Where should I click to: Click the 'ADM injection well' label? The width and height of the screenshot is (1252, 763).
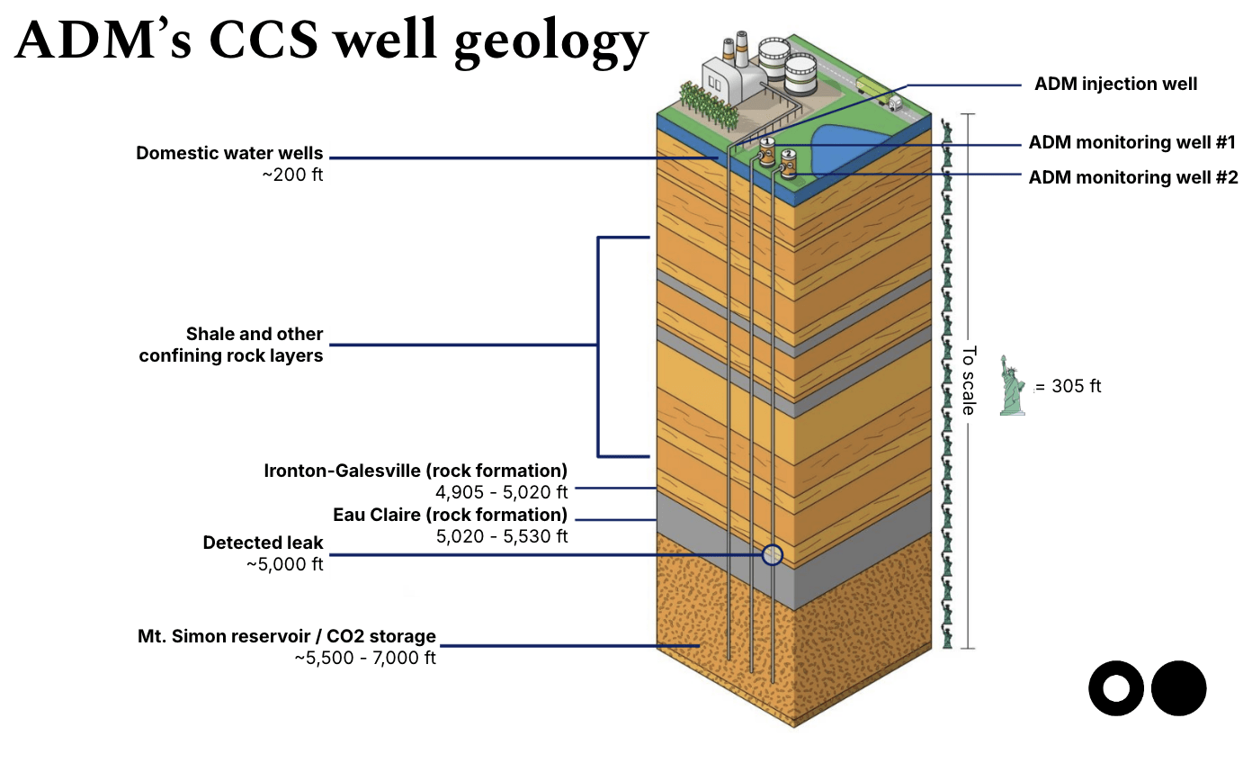tap(1115, 85)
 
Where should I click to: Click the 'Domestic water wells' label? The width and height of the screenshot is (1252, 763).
tap(229, 153)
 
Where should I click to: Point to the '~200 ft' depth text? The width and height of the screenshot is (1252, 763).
tap(292, 175)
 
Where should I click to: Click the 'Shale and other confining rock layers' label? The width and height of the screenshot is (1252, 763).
tap(231, 345)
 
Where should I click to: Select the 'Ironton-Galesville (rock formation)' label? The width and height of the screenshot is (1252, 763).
tap(416, 471)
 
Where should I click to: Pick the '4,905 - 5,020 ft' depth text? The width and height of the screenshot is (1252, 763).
tap(501, 492)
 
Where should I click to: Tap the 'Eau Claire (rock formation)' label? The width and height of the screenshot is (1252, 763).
tap(450, 516)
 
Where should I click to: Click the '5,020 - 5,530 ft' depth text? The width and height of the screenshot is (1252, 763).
tap(501, 537)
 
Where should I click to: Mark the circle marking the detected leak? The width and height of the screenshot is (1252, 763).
tap(772, 554)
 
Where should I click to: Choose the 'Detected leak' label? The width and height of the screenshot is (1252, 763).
tap(263, 543)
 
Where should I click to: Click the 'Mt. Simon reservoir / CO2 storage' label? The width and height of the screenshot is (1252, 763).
tap(287, 637)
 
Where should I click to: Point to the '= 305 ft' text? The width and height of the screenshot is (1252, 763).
tap(1068, 387)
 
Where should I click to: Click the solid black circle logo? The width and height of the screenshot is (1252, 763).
tap(1178, 688)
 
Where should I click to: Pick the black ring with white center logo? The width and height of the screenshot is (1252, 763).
tap(1116, 688)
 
